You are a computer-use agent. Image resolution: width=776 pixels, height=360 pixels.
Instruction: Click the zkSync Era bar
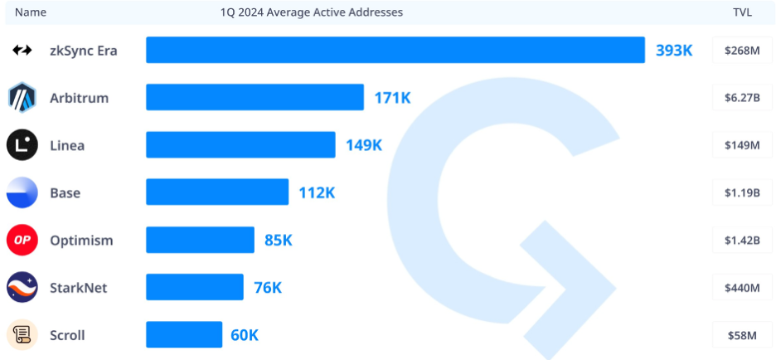(395, 50)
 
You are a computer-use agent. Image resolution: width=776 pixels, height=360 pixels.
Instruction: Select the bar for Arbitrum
(255, 97)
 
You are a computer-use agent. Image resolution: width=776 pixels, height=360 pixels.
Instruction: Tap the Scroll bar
(184, 335)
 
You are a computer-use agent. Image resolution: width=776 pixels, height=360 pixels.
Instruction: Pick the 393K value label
(674, 50)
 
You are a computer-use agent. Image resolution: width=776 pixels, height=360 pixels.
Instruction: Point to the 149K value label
(364, 145)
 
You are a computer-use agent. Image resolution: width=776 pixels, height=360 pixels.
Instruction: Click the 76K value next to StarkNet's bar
(268, 288)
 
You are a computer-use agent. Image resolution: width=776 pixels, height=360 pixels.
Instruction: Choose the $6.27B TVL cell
(741, 97)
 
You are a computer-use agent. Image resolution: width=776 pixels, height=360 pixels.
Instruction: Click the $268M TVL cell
(741, 50)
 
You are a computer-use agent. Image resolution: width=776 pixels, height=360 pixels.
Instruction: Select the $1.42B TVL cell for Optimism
(741, 241)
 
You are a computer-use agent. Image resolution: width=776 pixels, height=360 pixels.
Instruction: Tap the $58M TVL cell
(741, 335)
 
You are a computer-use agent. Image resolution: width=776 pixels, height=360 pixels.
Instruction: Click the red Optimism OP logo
(22, 241)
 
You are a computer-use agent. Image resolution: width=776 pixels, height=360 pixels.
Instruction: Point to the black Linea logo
(22, 145)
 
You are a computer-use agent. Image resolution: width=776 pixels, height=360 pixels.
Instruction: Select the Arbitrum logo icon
(22, 98)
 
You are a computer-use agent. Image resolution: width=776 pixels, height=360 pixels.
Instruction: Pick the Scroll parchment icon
(22, 335)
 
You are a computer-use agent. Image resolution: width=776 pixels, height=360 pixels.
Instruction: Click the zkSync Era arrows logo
(22, 51)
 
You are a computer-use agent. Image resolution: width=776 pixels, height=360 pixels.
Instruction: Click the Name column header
(31, 12)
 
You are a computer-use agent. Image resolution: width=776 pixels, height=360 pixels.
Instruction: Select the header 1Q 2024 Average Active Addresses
(312, 12)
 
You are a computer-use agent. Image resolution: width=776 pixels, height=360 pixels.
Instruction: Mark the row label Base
(65, 193)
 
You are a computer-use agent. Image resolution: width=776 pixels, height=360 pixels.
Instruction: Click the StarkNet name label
(78, 288)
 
